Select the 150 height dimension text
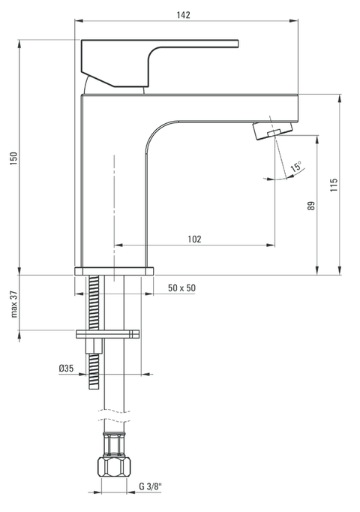point(13,159)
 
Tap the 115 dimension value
point(334,184)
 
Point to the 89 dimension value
point(311,205)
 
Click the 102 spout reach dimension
point(193,239)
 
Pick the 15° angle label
point(296,167)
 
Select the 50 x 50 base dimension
point(181,288)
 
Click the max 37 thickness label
point(13,305)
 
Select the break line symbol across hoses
point(112,413)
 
